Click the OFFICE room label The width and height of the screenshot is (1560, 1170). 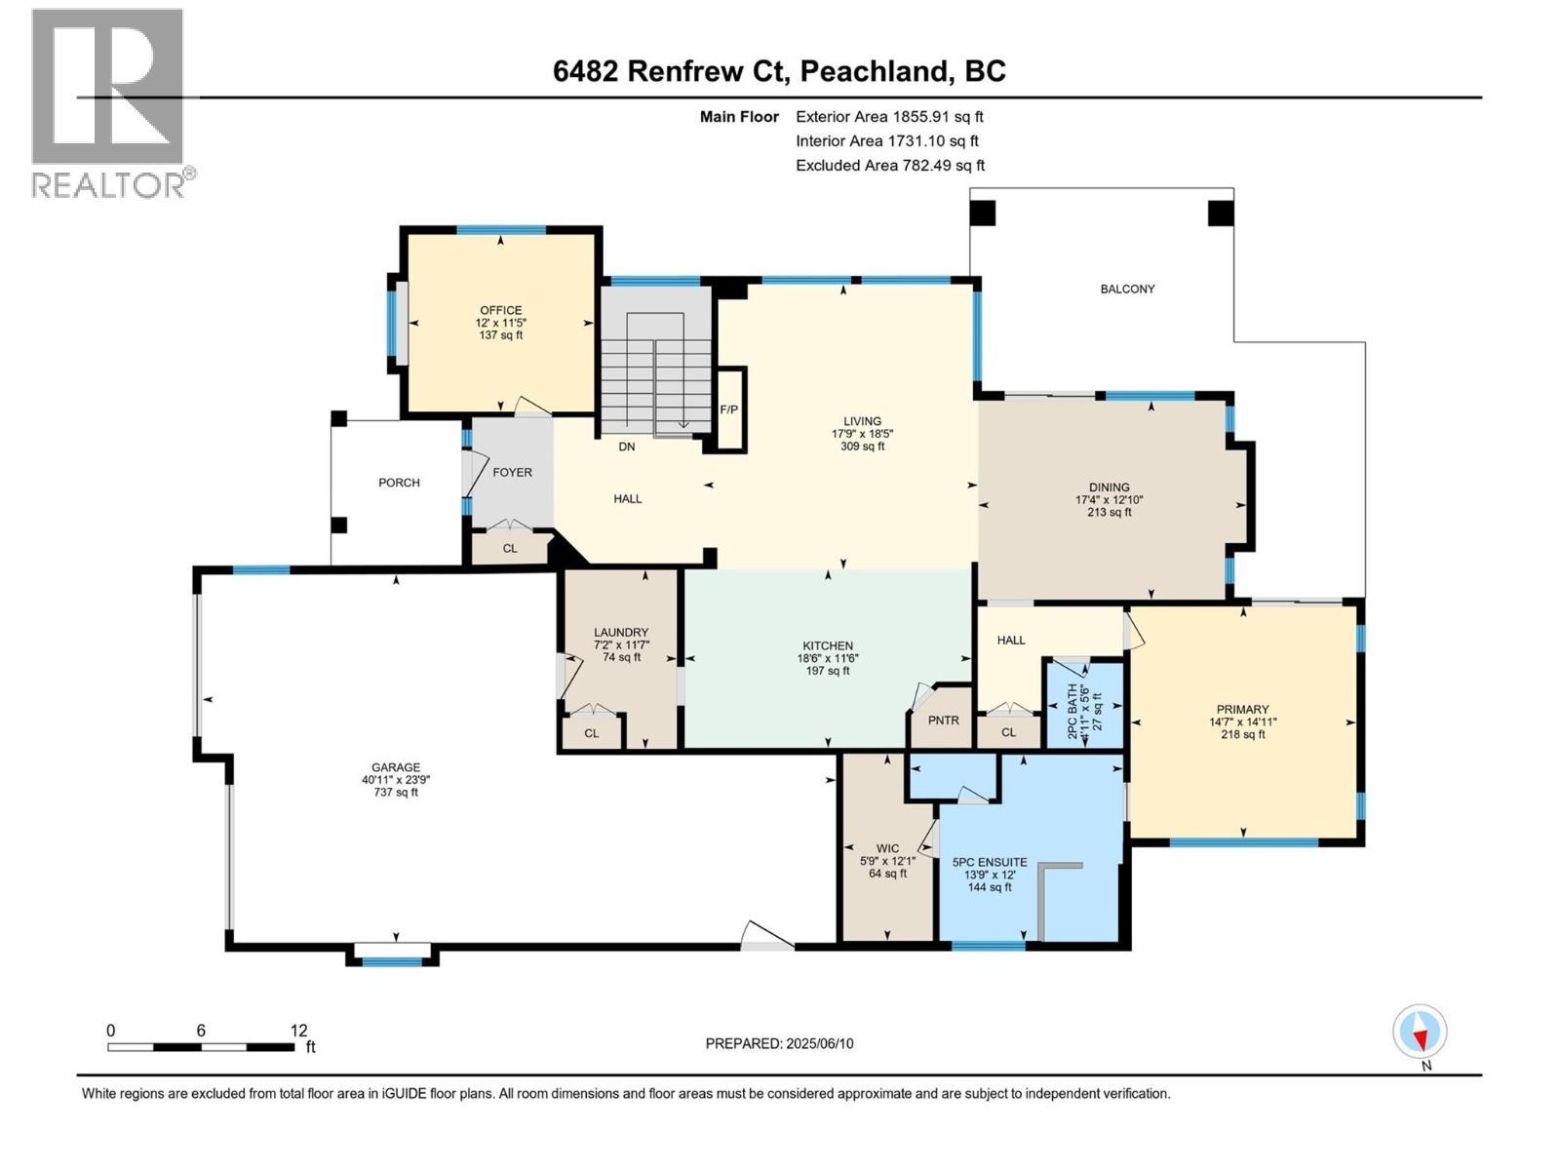coord(500,311)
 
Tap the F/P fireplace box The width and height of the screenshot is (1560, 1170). coord(729,409)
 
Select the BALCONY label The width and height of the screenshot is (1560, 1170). coord(1127,289)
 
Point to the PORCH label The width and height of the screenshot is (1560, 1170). coord(399,483)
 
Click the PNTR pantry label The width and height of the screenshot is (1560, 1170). coord(943,721)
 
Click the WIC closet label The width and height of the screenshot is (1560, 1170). coord(887,848)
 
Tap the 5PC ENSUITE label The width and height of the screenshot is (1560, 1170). coord(989,862)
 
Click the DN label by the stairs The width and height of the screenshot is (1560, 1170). coord(627,447)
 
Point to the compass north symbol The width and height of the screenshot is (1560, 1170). coord(1420,1033)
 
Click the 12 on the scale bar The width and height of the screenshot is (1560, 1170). coord(298,1031)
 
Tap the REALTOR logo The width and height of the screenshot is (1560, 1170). coord(108,102)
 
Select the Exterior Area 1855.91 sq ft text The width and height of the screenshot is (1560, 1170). coord(889,116)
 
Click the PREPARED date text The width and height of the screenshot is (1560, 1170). coord(779,1043)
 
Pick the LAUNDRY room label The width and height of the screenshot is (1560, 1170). coord(621,633)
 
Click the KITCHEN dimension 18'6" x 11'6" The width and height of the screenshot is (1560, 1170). coord(827,658)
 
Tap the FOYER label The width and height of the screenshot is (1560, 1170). coord(512,472)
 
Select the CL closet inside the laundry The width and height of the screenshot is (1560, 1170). coord(591,733)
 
